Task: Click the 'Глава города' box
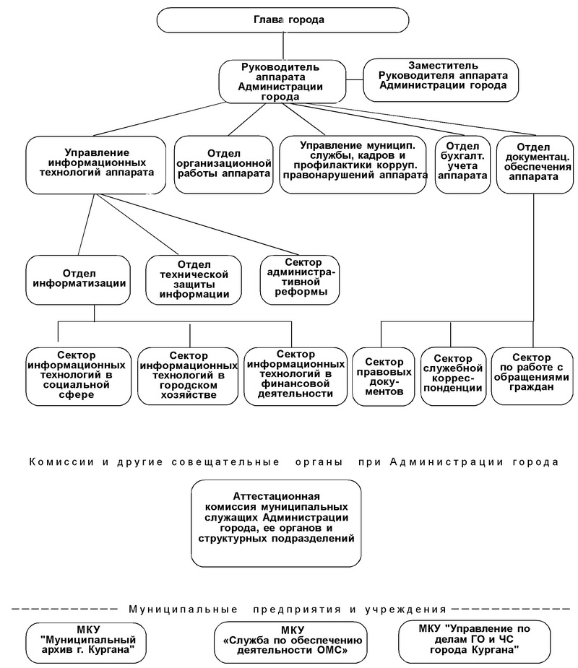(x=282, y=20)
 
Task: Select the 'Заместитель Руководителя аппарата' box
(x=441, y=80)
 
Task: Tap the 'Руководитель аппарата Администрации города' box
(x=282, y=82)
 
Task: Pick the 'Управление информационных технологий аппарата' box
(x=96, y=165)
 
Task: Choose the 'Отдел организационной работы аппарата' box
(x=224, y=165)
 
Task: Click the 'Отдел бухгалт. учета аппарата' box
(x=463, y=165)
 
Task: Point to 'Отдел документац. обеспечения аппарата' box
(x=535, y=165)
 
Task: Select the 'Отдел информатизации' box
(x=78, y=280)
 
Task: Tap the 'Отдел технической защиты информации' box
(x=194, y=280)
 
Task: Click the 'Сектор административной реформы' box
(x=300, y=280)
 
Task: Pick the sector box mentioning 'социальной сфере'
(x=79, y=376)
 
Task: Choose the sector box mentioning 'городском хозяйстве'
(x=188, y=376)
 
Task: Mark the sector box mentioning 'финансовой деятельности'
(x=296, y=376)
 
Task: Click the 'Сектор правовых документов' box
(x=384, y=376)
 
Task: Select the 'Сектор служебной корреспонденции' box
(x=454, y=376)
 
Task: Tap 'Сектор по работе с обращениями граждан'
(x=532, y=376)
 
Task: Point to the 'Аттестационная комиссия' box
(x=276, y=524)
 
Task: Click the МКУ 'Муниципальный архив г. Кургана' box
(x=86, y=643)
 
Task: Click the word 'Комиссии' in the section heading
(x=61, y=462)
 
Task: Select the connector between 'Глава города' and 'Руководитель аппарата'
(x=282, y=46)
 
